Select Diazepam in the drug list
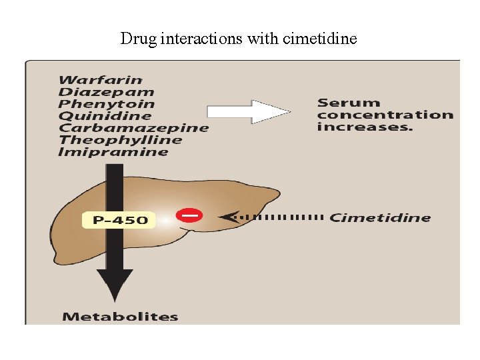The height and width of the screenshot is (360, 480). [106, 92]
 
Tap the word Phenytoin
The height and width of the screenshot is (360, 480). [106, 104]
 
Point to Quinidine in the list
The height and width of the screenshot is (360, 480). [105, 116]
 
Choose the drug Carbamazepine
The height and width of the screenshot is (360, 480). [133, 128]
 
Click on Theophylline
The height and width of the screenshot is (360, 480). [120, 140]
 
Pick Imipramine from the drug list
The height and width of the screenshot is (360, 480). [113, 152]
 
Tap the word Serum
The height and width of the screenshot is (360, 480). [349, 103]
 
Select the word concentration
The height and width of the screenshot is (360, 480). [385, 115]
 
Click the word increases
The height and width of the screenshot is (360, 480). [364, 127]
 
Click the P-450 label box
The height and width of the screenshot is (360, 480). [119, 219]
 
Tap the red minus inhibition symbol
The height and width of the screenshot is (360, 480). [189, 215]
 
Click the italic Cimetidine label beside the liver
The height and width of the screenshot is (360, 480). [380, 217]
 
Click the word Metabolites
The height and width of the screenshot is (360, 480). [120, 317]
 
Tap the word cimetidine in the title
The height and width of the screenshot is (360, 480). [320, 39]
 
